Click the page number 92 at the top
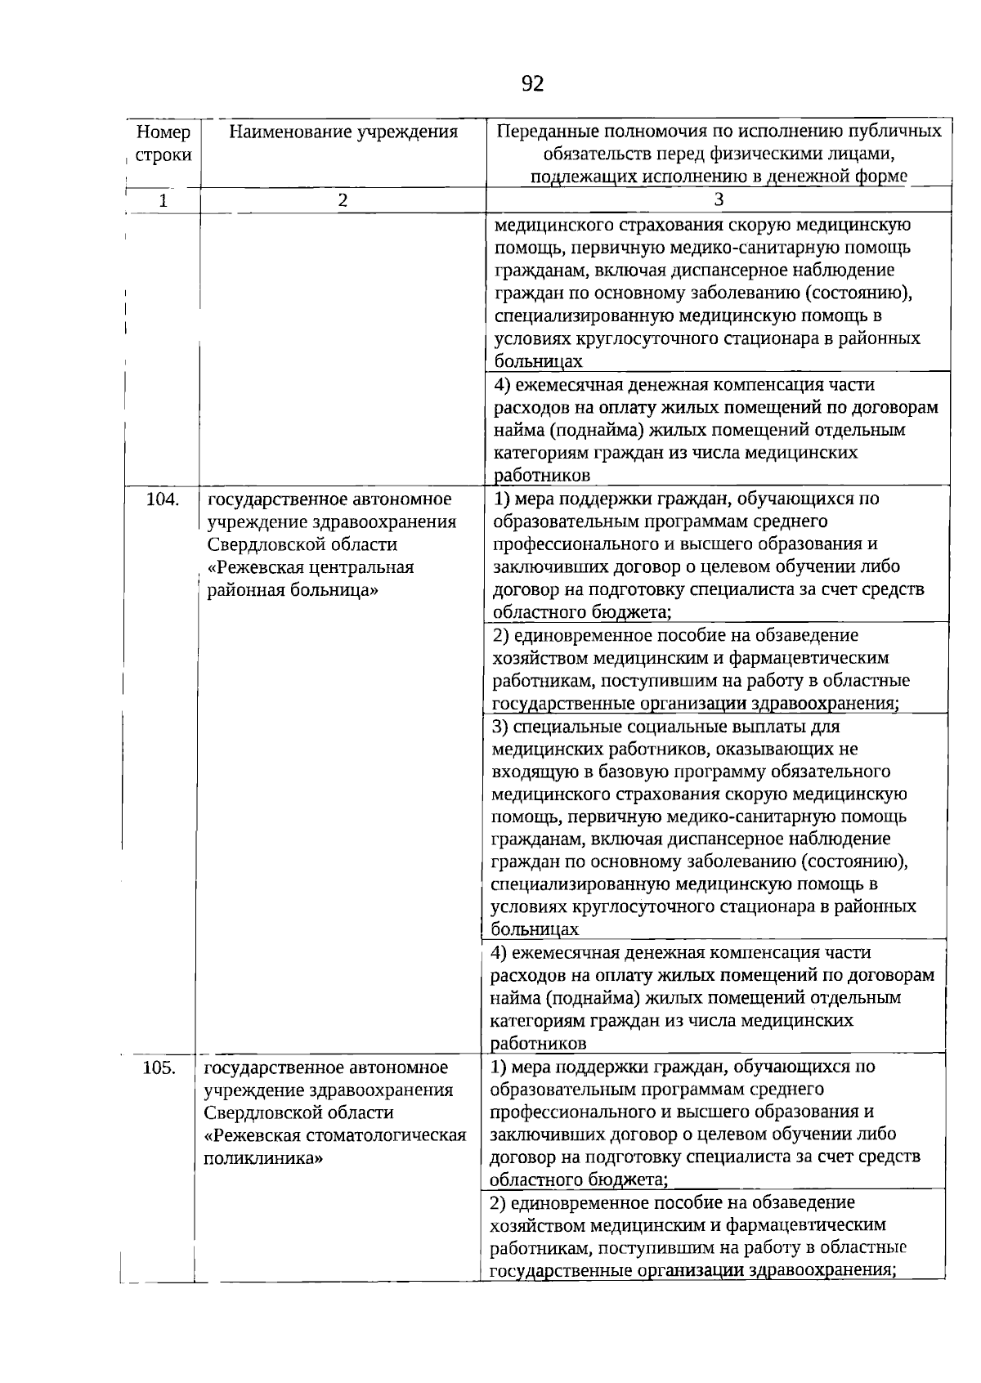531,84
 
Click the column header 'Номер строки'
163,143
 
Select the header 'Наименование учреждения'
343,132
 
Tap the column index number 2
343,200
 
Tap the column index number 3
719,200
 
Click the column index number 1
163,200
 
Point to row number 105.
159,1067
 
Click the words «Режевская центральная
311,567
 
